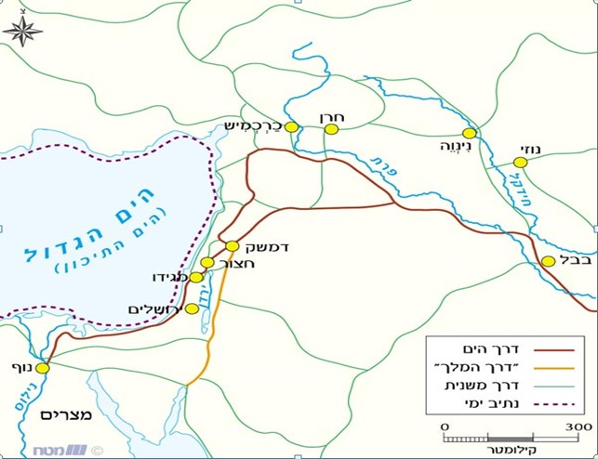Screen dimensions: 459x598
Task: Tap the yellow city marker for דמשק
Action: pyautogui.click(x=233, y=246)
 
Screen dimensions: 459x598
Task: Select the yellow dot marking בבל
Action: pyautogui.click(x=549, y=261)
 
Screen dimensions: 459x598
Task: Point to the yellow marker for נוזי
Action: pyautogui.click(x=520, y=163)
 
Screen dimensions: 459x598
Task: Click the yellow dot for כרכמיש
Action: pyautogui.click(x=291, y=127)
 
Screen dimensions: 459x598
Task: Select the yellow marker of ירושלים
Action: pyautogui.click(x=193, y=308)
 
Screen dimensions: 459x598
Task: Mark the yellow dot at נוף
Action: pyautogui.click(x=42, y=368)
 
